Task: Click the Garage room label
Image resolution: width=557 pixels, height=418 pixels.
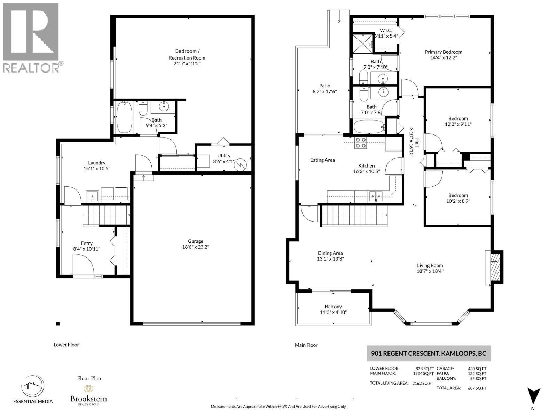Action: [x=195, y=241]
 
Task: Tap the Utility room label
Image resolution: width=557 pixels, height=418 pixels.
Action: [x=223, y=156]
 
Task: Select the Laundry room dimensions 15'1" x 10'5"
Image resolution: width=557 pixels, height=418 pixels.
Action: [x=97, y=168]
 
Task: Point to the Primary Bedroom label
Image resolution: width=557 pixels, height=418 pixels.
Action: [x=443, y=52]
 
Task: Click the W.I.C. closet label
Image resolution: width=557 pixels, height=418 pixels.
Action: [x=386, y=30]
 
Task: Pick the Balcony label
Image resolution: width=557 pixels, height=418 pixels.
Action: [x=333, y=307]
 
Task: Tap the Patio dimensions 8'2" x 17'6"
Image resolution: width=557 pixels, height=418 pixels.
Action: [x=324, y=91]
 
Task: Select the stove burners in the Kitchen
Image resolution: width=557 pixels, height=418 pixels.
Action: [x=360, y=142]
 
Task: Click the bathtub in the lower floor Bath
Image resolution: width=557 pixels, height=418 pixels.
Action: [x=124, y=117]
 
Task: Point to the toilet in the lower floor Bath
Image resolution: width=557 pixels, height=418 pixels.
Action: [x=143, y=108]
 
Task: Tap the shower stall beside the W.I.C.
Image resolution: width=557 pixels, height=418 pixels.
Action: [x=363, y=43]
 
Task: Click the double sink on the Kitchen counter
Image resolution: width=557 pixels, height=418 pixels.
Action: [x=376, y=196]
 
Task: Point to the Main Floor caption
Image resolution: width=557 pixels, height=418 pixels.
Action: [x=306, y=345]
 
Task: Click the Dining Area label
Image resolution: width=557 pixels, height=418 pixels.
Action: [x=330, y=253]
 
